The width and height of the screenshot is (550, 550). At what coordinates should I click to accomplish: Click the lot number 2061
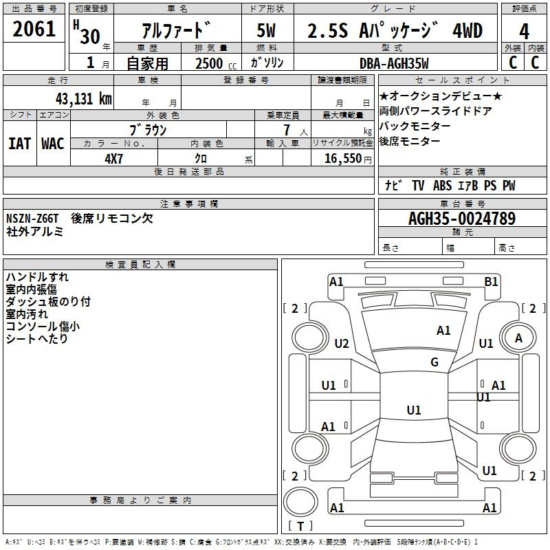34,29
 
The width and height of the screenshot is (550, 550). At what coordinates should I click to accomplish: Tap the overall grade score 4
524,32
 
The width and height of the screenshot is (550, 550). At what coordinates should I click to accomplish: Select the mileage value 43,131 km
84,99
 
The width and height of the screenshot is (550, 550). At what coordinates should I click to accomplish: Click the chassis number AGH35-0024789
462,219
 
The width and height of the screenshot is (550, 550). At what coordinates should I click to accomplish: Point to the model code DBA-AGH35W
394,63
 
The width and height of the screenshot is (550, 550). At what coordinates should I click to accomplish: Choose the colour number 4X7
113,159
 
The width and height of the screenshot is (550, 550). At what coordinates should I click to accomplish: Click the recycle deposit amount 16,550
343,159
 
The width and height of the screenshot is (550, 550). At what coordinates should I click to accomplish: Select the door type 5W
266,30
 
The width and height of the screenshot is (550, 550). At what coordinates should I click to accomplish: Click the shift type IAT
20,144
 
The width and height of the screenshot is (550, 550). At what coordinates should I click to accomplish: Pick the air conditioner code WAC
53,144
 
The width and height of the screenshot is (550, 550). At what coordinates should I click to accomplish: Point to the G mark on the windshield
434,362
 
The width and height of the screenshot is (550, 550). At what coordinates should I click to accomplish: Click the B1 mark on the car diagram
491,282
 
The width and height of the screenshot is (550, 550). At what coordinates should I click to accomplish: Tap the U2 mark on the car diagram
342,343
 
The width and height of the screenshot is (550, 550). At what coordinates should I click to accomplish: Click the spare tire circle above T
300,502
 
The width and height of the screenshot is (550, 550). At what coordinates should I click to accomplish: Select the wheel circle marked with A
518,338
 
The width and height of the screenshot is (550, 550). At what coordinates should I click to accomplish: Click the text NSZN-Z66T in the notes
32,219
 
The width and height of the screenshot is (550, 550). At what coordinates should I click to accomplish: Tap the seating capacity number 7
287,130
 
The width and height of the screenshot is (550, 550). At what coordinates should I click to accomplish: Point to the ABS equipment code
442,186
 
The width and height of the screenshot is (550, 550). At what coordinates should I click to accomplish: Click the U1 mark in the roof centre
414,410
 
